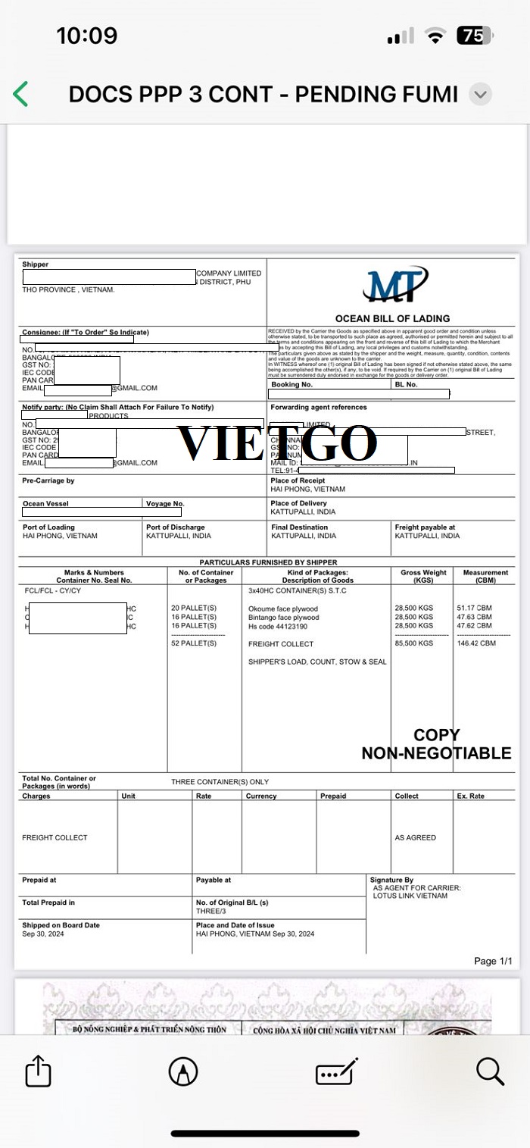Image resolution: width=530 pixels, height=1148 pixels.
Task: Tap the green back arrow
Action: (20, 94)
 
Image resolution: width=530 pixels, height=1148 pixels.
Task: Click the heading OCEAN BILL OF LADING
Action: (392, 318)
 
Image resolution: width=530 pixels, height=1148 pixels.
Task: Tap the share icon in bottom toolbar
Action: (38, 1071)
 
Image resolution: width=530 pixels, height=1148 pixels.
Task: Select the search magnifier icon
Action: (490, 1071)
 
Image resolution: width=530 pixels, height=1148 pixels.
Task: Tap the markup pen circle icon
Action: (183, 1071)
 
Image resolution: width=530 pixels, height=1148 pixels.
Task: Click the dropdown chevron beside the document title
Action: (481, 94)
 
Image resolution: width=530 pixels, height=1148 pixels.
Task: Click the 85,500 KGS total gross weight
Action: (414, 643)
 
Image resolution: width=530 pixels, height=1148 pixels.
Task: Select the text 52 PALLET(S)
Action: (194, 643)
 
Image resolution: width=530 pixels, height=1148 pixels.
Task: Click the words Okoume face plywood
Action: (283, 608)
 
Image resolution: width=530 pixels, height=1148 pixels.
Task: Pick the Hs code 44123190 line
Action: (278, 626)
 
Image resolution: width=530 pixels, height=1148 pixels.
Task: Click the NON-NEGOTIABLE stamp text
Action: (436, 753)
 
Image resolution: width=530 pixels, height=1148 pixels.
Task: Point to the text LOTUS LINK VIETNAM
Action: (410, 896)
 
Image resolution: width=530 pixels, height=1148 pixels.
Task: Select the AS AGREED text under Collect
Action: (415, 837)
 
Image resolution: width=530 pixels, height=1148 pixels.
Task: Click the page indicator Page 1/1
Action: (493, 961)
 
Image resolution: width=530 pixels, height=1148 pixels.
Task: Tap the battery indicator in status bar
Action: (475, 36)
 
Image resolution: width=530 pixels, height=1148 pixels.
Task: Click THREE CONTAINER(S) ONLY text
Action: (220, 781)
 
